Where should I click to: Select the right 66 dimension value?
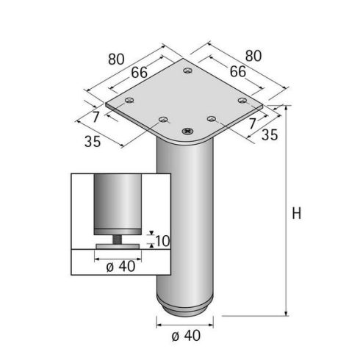[x=237, y=71]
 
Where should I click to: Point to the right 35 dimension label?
[x=270, y=135]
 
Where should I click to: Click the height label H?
[x=297, y=214]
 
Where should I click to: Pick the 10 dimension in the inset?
[x=162, y=240]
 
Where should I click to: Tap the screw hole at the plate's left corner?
[x=129, y=101]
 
